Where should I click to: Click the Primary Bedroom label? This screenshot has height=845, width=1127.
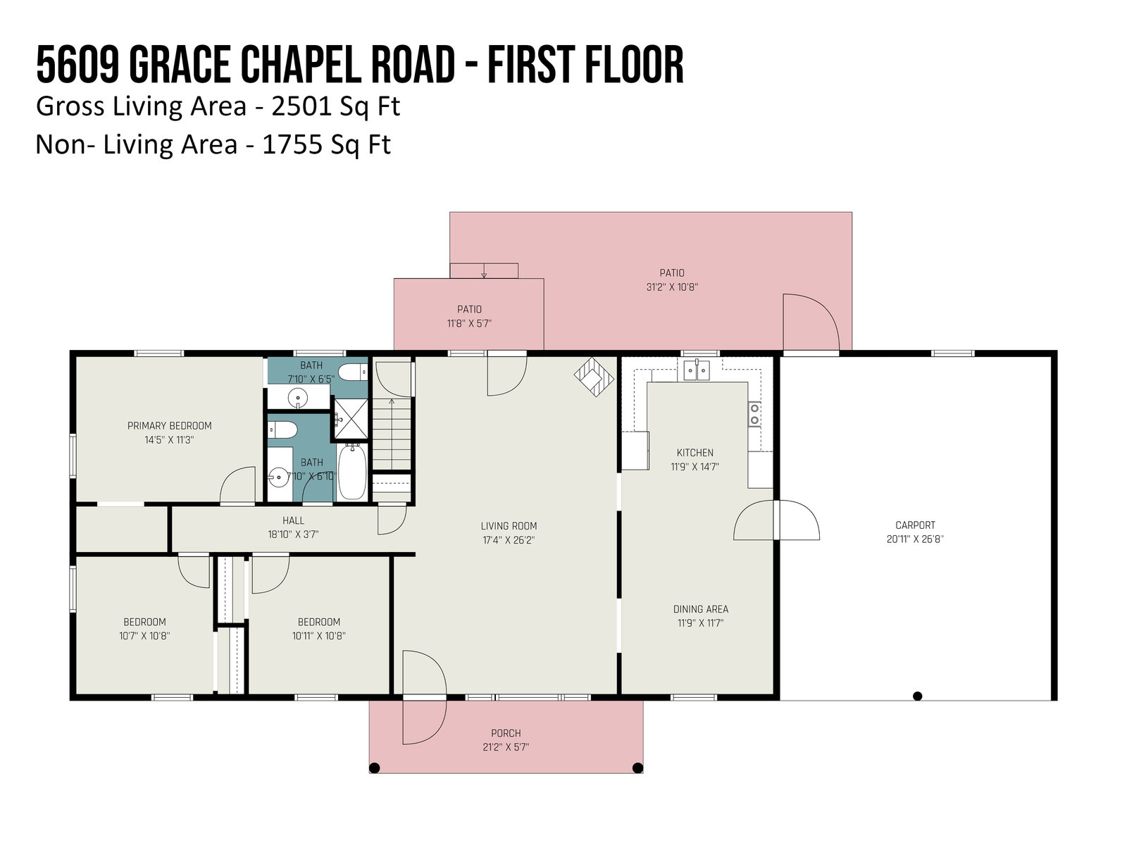[x=170, y=426]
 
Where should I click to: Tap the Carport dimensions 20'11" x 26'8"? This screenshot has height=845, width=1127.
[x=916, y=539]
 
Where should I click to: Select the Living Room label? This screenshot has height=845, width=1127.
[x=509, y=526]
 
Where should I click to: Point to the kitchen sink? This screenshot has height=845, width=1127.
[x=697, y=370]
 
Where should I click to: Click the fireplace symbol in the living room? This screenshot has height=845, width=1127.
[x=594, y=377]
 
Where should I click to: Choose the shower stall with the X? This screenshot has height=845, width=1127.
[x=351, y=418]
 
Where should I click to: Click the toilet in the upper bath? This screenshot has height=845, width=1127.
[x=353, y=372]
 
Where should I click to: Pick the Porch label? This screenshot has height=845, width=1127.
[x=506, y=733]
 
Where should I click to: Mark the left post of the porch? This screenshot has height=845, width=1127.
[x=375, y=768]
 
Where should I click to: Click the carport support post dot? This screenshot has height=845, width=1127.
[x=918, y=696]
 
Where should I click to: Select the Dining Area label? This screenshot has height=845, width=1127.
[x=701, y=609]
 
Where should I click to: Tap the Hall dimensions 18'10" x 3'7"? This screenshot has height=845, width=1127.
[x=293, y=534]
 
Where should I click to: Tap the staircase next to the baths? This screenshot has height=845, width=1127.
[x=392, y=434]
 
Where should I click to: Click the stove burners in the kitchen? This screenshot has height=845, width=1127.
[x=754, y=414]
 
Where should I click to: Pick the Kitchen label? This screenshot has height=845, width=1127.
[x=695, y=453]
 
